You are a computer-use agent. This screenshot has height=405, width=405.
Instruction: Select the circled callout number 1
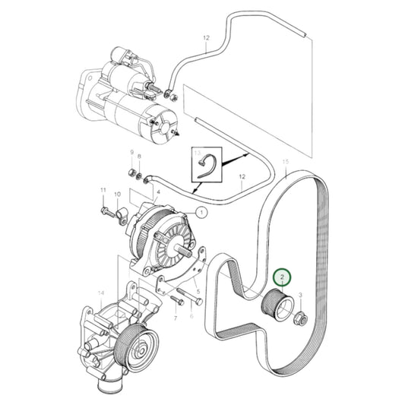pos(202,214)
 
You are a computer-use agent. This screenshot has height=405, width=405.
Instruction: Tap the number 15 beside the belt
pos(286,163)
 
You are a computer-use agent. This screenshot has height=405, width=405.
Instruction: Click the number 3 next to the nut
pos(301,294)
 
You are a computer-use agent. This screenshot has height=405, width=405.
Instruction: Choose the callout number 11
pos(103,189)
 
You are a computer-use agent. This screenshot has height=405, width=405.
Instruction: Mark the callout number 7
pos(175,318)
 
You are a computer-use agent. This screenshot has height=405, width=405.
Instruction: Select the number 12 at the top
pos(206,37)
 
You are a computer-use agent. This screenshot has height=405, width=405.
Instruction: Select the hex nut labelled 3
pos(299,318)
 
